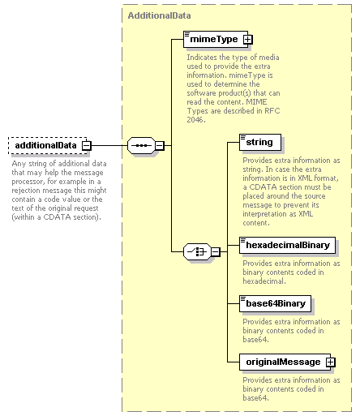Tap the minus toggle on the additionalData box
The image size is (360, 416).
[x=87, y=146]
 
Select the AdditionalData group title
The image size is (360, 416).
[x=159, y=15]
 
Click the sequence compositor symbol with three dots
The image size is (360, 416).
[x=142, y=146]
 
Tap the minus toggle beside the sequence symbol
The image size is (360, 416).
[x=160, y=146]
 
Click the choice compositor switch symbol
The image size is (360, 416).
[x=198, y=252]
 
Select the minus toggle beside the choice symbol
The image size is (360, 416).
[x=216, y=252]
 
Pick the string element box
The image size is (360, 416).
[x=260, y=142]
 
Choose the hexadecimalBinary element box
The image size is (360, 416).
[x=287, y=245]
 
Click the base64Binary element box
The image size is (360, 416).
[x=275, y=303]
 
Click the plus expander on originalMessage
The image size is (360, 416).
[x=331, y=362]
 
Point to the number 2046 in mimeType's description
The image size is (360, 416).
[x=196, y=120]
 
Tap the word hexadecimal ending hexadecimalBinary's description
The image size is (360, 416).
[x=264, y=281]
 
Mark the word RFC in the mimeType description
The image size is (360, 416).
[x=272, y=111]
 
